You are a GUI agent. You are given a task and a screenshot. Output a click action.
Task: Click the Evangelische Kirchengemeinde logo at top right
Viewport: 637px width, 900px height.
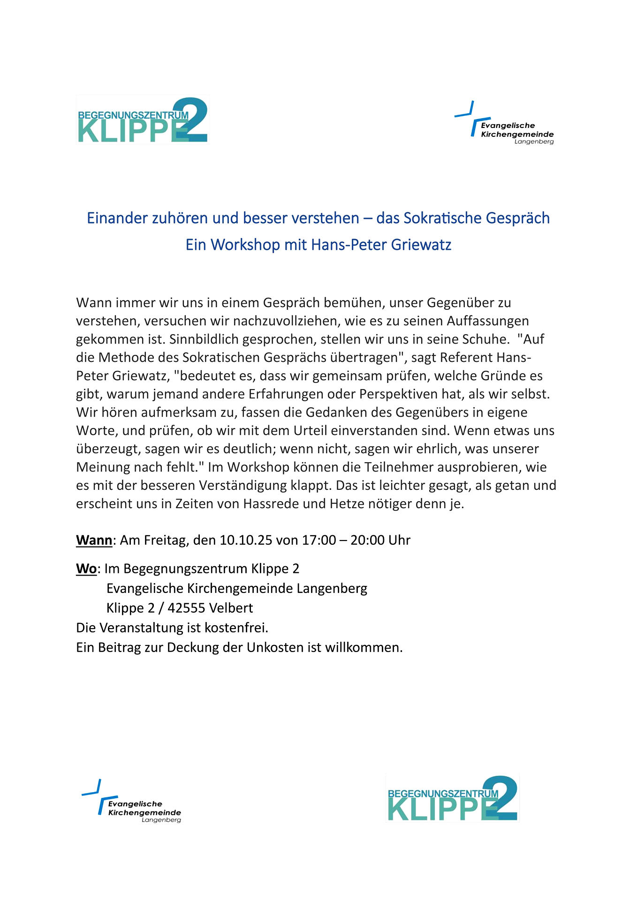[505, 123]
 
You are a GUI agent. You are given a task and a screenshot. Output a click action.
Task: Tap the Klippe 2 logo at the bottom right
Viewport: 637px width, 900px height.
[452, 800]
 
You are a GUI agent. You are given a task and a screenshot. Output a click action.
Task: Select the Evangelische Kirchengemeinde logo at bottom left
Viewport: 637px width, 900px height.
[132, 802]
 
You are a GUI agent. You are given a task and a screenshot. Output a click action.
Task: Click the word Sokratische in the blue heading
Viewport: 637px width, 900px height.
[442, 218]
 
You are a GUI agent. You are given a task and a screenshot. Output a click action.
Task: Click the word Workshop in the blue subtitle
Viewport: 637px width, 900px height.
[245, 245]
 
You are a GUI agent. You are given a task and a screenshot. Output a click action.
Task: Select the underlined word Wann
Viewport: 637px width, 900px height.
[94, 540]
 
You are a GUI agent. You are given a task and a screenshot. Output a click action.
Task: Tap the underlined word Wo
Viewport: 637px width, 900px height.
[86, 569]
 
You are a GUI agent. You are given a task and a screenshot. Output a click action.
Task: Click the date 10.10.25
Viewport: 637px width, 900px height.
[246, 540]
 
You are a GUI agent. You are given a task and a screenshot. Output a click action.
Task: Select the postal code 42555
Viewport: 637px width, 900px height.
[186, 608]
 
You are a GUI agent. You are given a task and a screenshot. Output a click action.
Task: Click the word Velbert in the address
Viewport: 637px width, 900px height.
[231, 608]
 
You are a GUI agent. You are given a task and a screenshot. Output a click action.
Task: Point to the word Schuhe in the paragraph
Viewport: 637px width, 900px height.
[486, 339]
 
